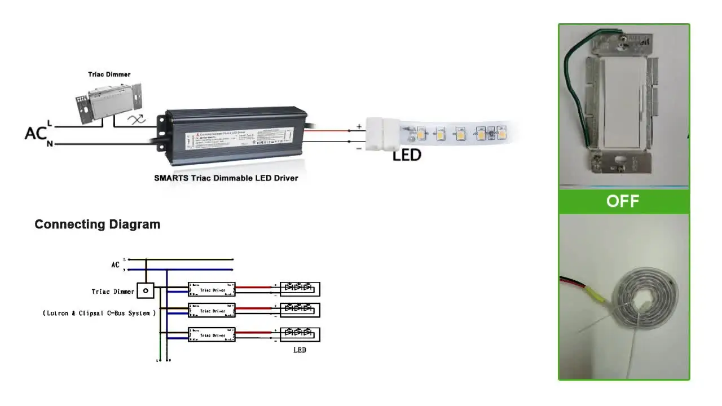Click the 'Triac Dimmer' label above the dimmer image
(x=109, y=74)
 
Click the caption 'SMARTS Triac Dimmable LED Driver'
(x=226, y=178)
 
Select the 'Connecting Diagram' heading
(x=98, y=224)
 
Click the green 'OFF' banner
(x=623, y=201)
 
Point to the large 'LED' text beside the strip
(x=407, y=155)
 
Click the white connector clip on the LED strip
(x=383, y=133)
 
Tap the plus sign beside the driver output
(x=359, y=126)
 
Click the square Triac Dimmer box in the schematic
(x=146, y=290)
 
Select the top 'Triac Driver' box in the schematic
(x=212, y=290)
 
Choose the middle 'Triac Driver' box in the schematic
(x=212, y=311)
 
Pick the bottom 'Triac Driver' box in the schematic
(x=212, y=335)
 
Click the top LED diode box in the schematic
(x=300, y=289)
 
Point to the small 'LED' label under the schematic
(x=300, y=350)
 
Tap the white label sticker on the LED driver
(x=240, y=139)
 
